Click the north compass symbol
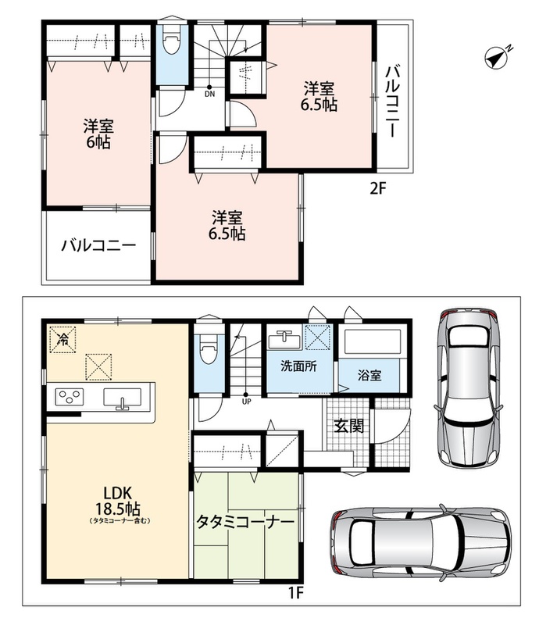497,58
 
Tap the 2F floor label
378,188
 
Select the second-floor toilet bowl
171,44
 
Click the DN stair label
209,95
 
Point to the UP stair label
246,402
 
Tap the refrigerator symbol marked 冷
62,339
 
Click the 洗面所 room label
298,366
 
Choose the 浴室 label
369,375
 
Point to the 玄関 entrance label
349,426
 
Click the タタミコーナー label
245,522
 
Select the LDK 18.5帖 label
117,502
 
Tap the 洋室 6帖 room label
98,134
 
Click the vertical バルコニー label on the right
392,102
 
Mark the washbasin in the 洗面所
284,339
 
